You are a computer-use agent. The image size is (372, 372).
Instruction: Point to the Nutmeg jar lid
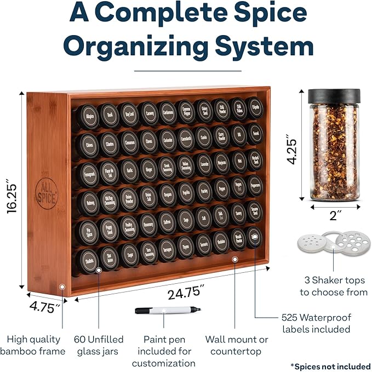tap(89, 203)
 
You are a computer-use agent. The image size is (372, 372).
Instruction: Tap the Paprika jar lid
tap(186, 192)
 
